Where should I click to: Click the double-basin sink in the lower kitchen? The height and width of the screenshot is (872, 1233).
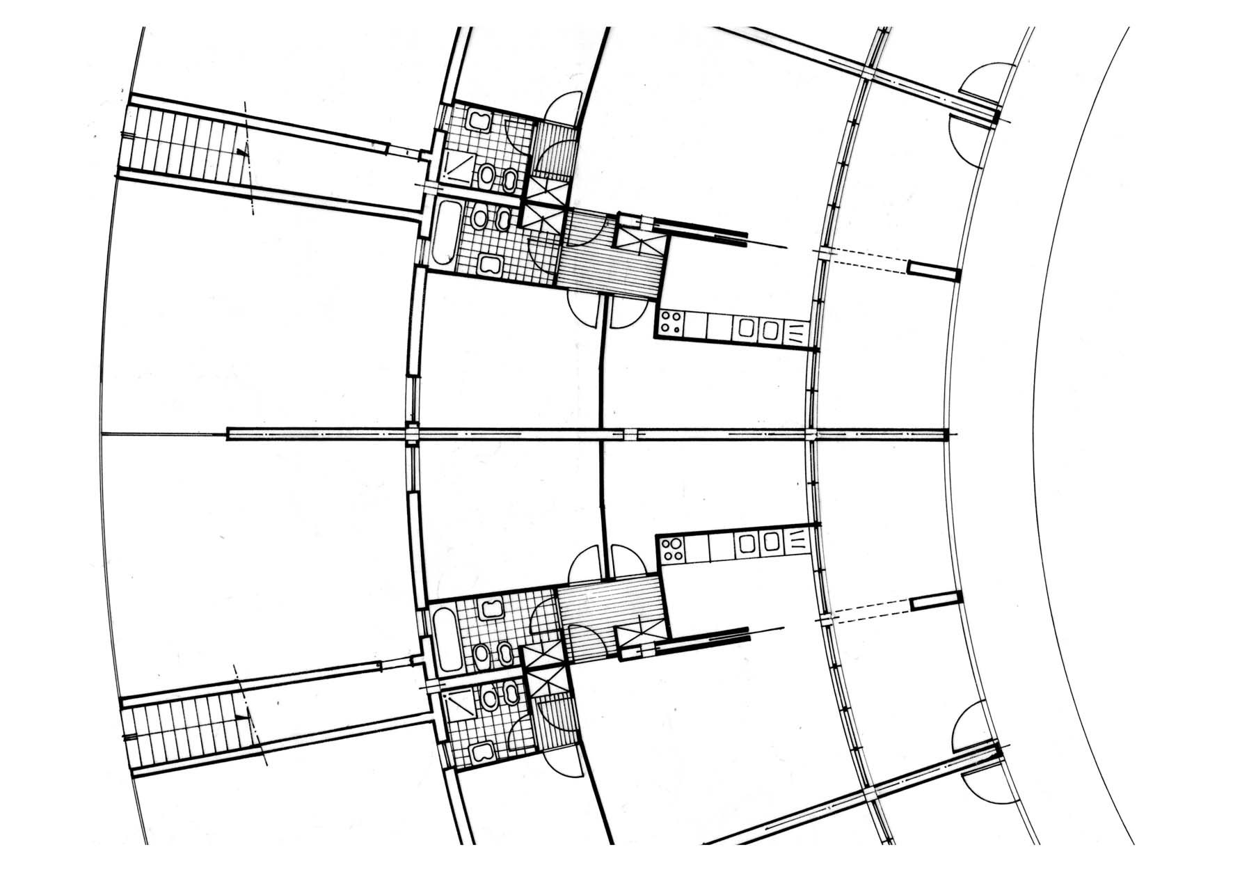click(x=759, y=542)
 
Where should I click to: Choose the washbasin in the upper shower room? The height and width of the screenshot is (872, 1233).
click(x=479, y=120)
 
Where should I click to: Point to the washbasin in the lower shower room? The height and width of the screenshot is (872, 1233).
click(x=481, y=752)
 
